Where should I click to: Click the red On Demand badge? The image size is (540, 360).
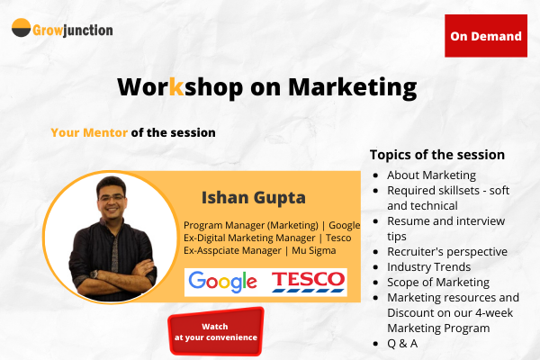(486, 36)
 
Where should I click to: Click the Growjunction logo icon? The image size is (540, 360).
(22, 29)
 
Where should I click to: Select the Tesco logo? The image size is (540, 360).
(309, 281)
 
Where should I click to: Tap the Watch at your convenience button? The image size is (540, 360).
(216, 331)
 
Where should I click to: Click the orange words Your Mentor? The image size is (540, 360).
(89, 132)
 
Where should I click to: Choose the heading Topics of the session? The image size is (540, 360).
(437, 154)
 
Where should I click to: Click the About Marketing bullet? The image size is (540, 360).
(431, 175)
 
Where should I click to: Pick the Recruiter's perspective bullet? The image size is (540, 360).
(447, 251)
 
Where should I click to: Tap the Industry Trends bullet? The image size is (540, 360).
(428, 266)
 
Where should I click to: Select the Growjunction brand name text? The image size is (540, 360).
(74, 29)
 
